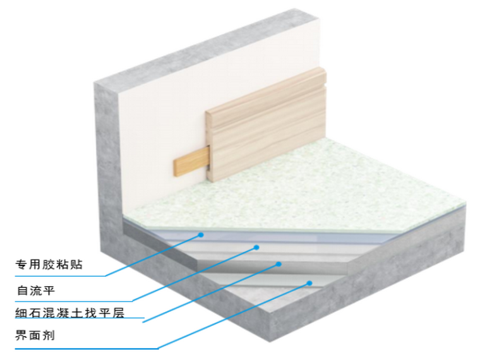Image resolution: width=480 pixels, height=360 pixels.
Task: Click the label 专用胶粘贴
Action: [x=49, y=264]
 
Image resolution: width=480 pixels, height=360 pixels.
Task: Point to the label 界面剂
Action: [x=35, y=335]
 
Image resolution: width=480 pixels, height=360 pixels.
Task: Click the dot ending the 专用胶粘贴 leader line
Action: [x=201, y=234]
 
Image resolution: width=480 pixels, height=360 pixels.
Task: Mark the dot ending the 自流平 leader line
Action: [x=256, y=247]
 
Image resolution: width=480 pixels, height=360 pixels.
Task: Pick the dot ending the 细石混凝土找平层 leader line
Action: [x=279, y=264]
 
